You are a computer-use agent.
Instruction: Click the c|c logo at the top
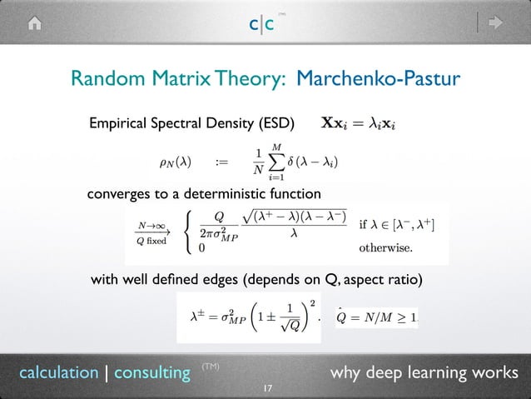[x=265, y=24]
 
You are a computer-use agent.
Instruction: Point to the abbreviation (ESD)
[x=275, y=125]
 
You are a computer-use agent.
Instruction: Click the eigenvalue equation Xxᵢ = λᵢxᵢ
[x=358, y=125]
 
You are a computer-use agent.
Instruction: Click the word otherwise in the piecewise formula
[x=385, y=247]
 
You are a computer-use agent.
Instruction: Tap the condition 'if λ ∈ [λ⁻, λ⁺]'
[x=396, y=225]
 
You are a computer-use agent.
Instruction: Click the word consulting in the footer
[x=151, y=372]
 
